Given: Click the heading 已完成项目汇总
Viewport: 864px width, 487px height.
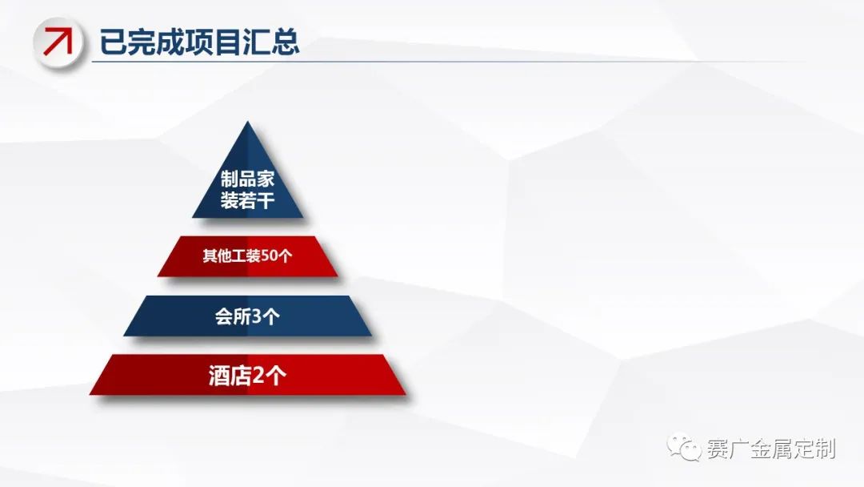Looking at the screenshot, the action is tap(199, 42).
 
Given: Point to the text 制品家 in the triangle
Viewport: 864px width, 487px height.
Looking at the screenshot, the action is tap(247, 178).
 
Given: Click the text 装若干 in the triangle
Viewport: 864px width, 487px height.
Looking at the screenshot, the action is tap(247, 199).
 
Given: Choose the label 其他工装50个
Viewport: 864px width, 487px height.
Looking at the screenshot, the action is tap(247, 256).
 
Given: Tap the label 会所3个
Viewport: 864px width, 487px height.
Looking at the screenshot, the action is tap(247, 316).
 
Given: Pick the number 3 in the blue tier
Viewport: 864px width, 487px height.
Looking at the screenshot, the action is tap(256, 316).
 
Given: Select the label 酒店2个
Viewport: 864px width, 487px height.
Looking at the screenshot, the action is tap(247, 376).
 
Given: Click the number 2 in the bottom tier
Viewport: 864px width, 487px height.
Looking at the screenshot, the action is tap(258, 376).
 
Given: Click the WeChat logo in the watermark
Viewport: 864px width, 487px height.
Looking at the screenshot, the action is tap(684, 447).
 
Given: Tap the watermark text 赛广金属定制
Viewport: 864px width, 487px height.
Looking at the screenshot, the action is tap(771, 449).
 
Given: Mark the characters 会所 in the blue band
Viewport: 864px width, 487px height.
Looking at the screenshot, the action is tap(233, 316).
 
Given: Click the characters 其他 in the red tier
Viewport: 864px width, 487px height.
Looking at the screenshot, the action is tap(217, 256).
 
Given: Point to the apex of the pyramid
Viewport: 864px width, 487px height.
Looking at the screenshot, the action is tap(248, 121).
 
